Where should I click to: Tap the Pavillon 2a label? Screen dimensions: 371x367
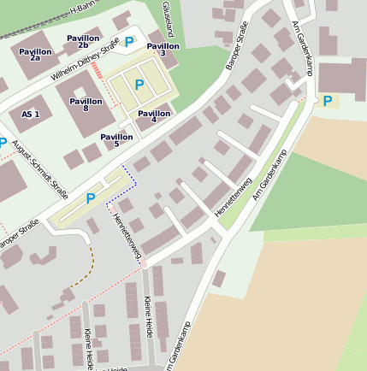tap(35, 56)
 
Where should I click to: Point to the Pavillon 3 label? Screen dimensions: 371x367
tap(163, 50)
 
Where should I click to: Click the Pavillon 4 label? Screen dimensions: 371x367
tap(153, 117)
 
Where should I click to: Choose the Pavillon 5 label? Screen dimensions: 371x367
tap(116, 140)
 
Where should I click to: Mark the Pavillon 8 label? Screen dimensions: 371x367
tap(86, 104)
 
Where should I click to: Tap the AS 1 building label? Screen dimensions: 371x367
tap(31, 114)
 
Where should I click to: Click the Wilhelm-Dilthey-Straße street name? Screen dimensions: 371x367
tap(84, 65)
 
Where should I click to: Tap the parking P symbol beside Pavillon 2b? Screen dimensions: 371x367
tap(129, 41)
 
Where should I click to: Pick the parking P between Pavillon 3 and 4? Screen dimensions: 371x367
tap(139, 85)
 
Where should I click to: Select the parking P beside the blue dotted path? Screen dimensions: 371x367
tap(90, 198)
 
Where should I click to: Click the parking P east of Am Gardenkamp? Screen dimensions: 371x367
tap(328, 101)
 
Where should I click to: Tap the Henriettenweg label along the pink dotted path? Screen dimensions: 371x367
tap(127, 237)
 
